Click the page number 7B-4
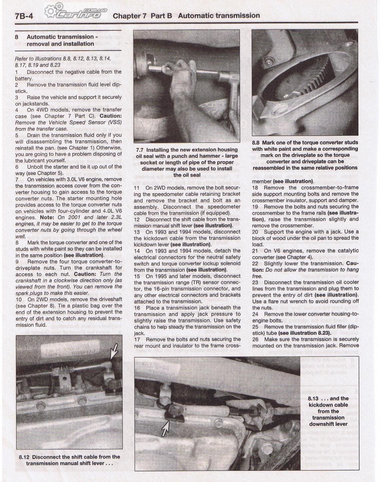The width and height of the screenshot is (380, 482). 24,16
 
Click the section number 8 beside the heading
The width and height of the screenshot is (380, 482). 17,37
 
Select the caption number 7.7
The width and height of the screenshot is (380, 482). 140,150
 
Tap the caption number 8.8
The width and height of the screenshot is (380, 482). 256,143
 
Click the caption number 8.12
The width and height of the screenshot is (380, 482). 24,457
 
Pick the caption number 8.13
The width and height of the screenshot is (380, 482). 313,399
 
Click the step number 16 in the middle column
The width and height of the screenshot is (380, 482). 137,308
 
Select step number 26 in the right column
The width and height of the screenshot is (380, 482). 255,339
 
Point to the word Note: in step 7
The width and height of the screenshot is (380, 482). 47,217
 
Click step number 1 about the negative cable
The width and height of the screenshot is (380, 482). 17,72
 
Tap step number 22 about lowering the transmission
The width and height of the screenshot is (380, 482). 255,263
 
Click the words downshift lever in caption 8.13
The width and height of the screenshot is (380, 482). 328,424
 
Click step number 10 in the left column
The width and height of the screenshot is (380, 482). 19,299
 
